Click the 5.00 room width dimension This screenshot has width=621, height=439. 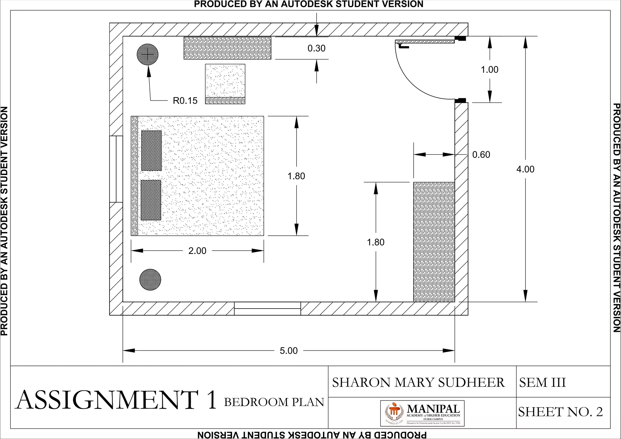coord(289,351)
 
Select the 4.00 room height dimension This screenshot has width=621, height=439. coord(525,169)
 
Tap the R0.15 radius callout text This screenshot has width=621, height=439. coord(185,101)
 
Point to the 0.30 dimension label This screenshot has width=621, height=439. coord(316,48)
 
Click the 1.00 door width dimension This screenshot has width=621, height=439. coord(489,70)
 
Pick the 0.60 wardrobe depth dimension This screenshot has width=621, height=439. coord(481,155)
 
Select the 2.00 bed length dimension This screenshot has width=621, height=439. coord(197,251)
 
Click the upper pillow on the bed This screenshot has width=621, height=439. coord(151,150)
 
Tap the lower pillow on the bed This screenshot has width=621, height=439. coord(151,200)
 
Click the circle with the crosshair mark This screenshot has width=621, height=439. coord(148,55)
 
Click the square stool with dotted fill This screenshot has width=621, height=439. coord(225,81)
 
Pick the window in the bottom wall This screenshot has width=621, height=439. coord(267,309)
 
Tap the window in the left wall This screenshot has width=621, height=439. coord(116,169)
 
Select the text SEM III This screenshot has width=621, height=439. coord(542,382)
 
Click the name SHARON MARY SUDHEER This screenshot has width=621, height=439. coord(418,382)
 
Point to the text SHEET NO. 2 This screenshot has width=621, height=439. coord(560,412)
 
